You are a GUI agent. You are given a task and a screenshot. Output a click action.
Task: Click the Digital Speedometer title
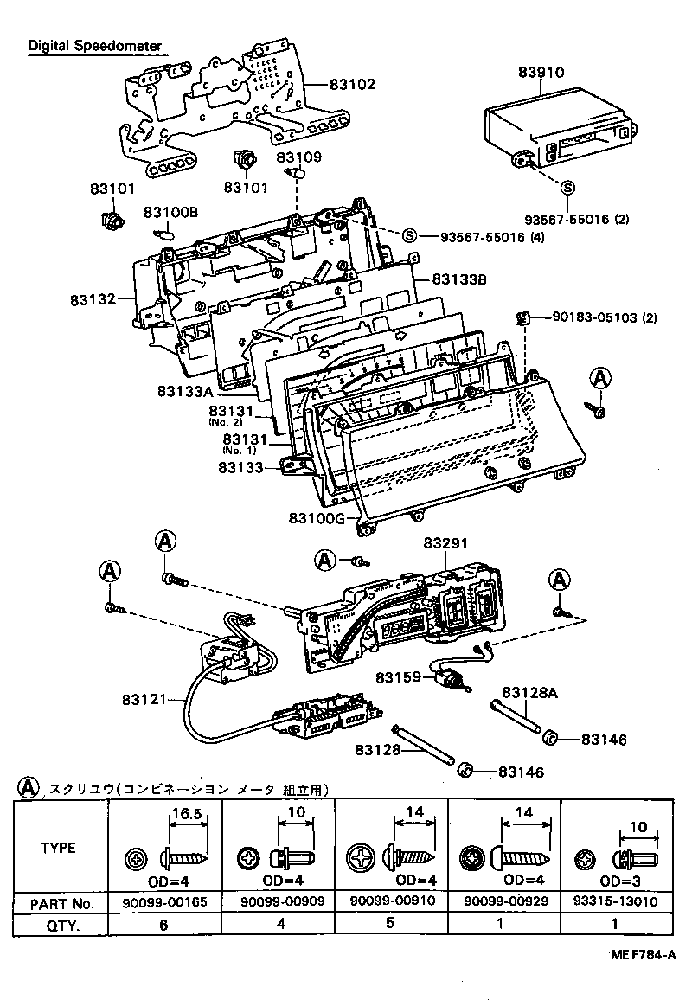click(93, 45)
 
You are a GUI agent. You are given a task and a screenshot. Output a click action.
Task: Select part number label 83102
click(351, 85)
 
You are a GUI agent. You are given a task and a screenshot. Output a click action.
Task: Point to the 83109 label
click(299, 157)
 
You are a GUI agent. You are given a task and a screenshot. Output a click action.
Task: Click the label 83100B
click(171, 212)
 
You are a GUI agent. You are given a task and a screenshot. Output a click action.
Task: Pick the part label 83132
click(94, 299)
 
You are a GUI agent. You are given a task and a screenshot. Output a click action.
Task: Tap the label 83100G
click(316, 517)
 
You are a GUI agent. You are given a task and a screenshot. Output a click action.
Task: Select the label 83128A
click(529, 692)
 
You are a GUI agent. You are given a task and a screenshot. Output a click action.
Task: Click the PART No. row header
click(61, 902)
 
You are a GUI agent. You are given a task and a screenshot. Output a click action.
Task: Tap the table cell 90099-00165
click(166, 902)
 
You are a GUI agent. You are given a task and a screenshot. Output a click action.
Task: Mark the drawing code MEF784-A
click(641, 955)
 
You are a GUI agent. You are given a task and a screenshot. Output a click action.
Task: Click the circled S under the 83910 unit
click(567, 187)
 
